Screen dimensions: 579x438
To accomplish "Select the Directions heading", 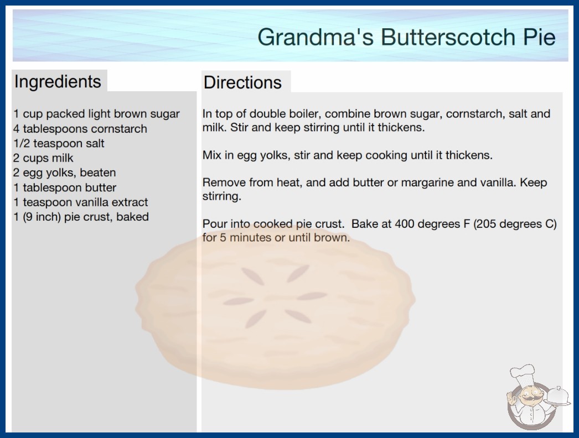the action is click(x=242, y=82).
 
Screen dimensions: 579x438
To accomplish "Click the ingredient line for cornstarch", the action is click(x=80, y=129).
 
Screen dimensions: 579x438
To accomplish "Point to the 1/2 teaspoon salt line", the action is click(x=59, y=143).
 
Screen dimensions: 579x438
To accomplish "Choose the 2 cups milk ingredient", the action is click(x=43, y=158).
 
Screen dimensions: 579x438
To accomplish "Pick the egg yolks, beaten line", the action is click(x=65, y=173).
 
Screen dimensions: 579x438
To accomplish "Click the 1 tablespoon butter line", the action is click(x=65, y=187).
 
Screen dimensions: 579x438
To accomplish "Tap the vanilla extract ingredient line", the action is click(x=80, y=202).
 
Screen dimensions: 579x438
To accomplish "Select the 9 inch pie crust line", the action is click(x=81, y=217).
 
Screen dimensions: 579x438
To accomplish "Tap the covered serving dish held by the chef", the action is click(x=557, y=397).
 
